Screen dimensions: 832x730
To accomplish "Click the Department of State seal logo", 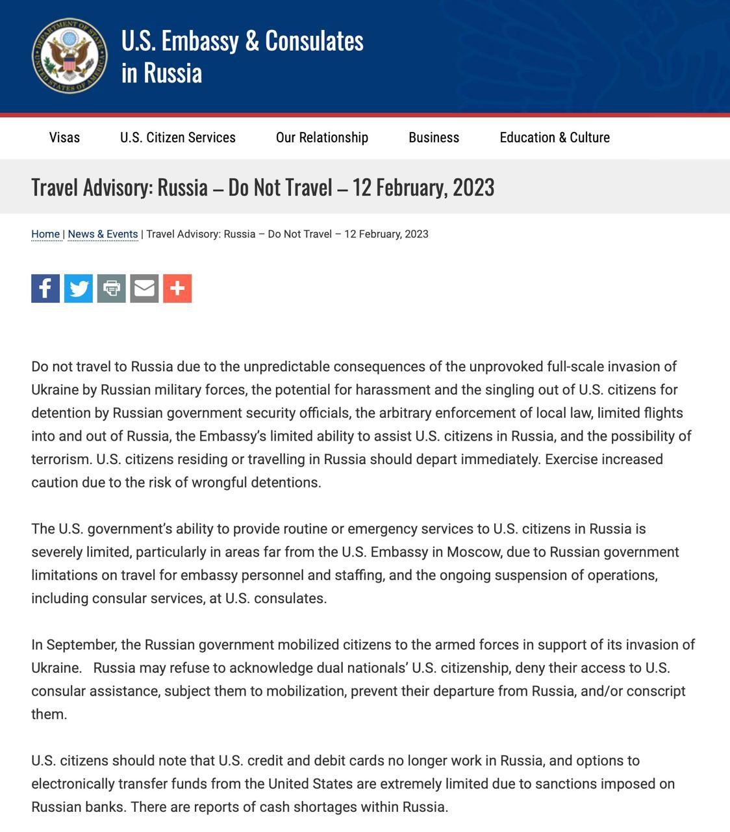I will [x=69, y=55].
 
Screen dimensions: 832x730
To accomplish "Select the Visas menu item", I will [x=64, y=138].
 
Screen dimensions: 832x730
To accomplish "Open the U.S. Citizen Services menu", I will [x=177, y=138].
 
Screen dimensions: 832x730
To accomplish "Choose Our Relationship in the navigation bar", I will [x=321, y=138].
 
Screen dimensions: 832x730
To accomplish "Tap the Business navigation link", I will [x=433, y=138].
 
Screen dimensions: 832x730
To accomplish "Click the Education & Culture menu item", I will [x=554, y=138].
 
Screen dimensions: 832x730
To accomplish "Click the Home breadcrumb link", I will [x=45, y=234].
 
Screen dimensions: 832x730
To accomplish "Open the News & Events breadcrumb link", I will [x=103, y=234].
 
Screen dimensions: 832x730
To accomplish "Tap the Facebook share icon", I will [x=45, y=288].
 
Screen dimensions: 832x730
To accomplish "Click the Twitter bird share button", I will [x=79, y=288].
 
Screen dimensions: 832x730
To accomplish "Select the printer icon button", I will [x=112, y=288].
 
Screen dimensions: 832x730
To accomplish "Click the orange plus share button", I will [x=177, y=288].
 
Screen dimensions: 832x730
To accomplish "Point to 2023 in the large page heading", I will [x=473, y=187].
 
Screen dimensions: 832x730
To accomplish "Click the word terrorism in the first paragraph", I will [x=60, y=460].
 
